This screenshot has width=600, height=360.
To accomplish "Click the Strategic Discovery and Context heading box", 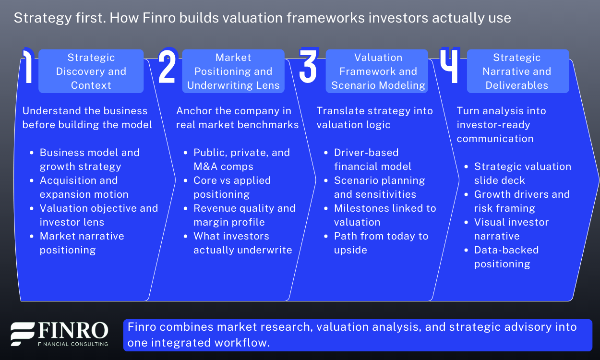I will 91,72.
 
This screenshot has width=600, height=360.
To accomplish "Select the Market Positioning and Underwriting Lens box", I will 233,72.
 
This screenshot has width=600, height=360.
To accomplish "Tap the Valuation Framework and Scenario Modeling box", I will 378,72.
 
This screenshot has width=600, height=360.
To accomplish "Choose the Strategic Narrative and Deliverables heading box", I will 517,72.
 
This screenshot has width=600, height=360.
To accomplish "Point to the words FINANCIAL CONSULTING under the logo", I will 72,344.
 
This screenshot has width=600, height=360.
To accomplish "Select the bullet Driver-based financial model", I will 372,159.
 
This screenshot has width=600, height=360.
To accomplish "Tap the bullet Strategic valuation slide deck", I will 522,173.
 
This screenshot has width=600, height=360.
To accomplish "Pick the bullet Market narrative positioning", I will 82,243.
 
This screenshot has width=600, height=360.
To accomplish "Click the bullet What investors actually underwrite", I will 242,243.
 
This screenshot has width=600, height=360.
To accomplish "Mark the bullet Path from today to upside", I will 381,243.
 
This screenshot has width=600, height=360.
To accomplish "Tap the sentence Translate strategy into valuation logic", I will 374,118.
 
